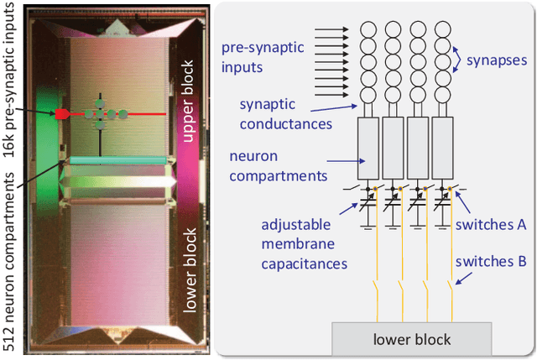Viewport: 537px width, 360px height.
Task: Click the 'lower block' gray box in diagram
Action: coord(410,339)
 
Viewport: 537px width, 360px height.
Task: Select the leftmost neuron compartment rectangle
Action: coord(369,141)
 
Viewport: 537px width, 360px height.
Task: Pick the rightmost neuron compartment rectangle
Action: coord(442,141)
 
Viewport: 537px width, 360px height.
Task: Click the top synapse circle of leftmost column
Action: coord(369,29)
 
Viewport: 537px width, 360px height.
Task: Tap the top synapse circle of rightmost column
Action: coord(442,29)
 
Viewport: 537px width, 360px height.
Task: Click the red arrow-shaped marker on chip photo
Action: coord(61,112)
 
